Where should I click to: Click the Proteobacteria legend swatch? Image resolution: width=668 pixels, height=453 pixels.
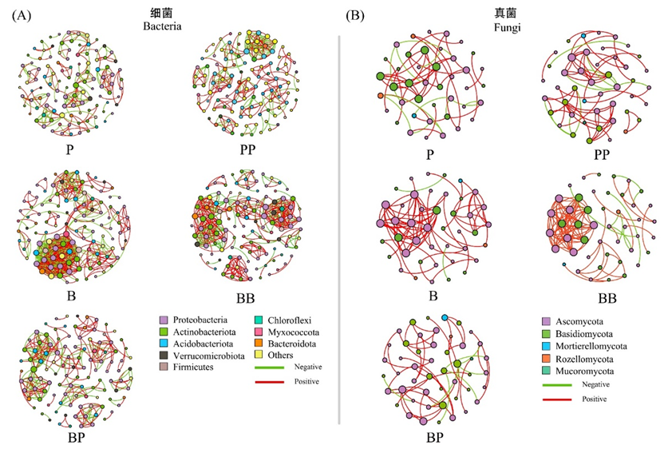[163, 319]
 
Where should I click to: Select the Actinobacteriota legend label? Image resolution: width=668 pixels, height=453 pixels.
[198, 331]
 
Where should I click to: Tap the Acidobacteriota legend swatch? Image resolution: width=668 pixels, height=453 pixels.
[163, 343]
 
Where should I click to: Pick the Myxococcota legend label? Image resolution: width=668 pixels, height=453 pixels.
[288, 331]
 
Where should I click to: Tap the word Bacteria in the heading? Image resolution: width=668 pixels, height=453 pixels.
[163, 26]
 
